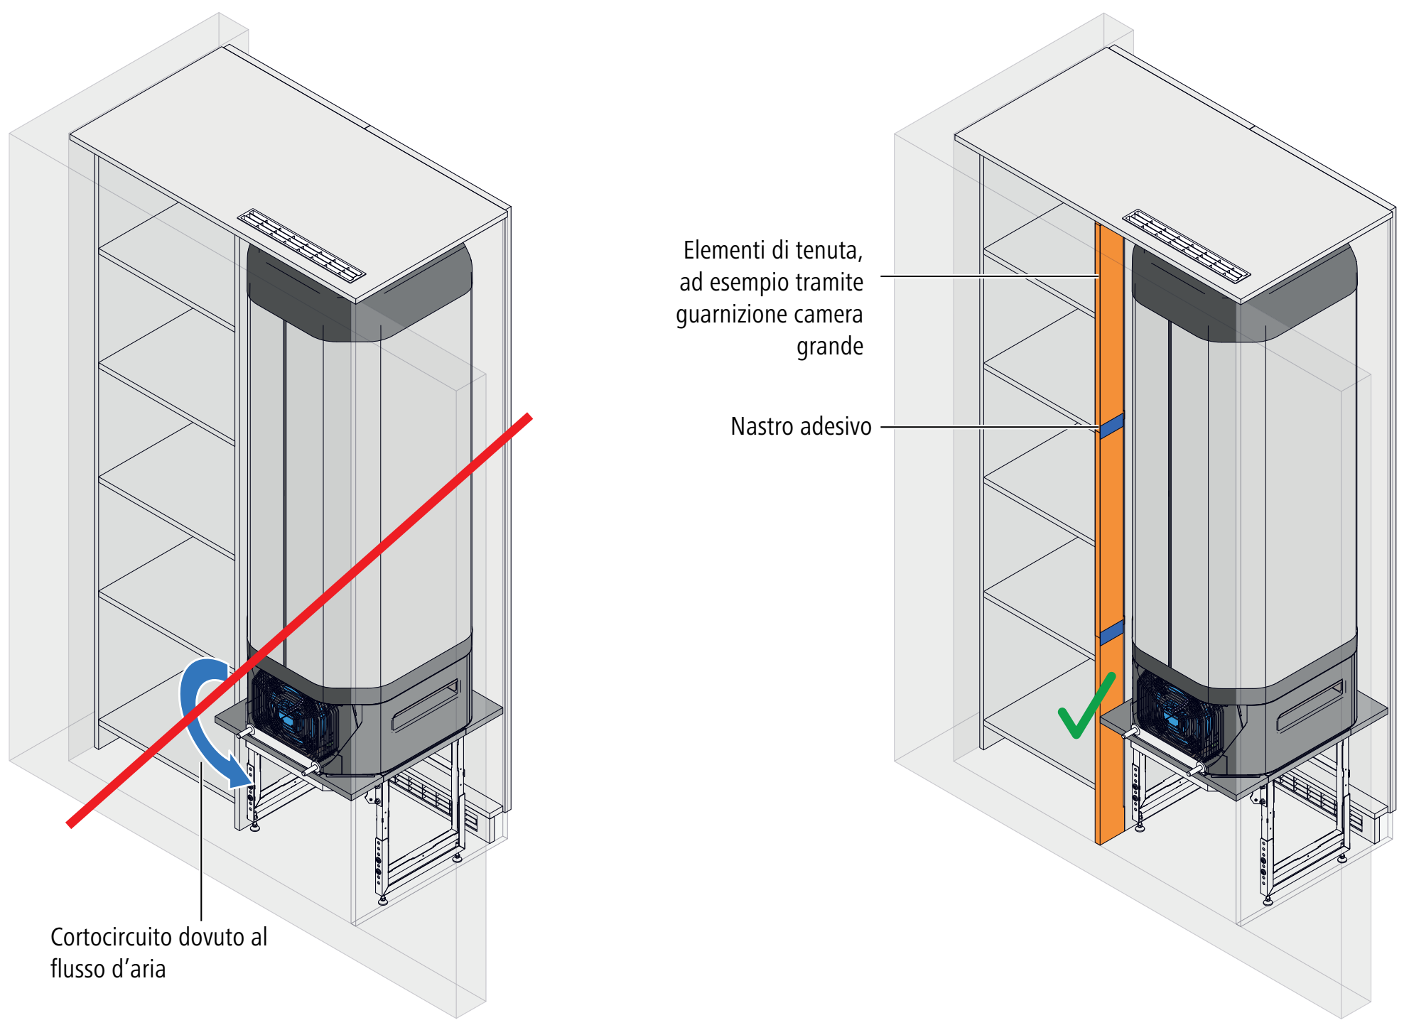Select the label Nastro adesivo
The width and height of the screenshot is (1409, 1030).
coord(801,426)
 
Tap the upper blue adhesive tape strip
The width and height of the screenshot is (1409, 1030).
coord(1112,425)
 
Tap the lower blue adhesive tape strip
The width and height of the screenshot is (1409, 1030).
coord(1112,631)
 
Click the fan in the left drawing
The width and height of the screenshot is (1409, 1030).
coord(291,714)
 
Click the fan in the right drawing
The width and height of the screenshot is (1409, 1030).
coord(1176,714)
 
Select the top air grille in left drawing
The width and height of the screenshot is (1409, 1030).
coord(302,246)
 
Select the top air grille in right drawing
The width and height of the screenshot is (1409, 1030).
coord(1187,246)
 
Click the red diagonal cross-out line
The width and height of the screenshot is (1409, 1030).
coord(299,620)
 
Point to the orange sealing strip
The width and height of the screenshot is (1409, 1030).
coord(1109,533)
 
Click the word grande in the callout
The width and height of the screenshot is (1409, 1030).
coord(830,347)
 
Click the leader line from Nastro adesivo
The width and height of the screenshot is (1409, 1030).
coord(990,427)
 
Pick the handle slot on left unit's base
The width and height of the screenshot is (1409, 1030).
coord(425,705)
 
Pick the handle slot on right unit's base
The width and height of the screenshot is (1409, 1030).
coord(1310,705)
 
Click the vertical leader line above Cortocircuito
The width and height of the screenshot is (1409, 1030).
coord(202,841)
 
